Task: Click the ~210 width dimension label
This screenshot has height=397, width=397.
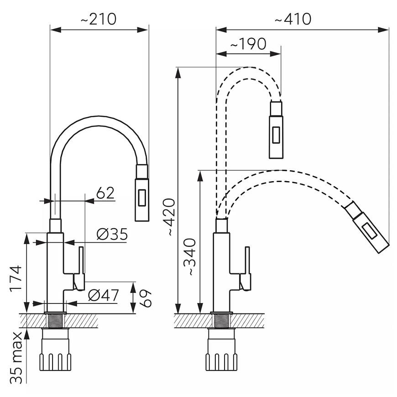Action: point(99,19)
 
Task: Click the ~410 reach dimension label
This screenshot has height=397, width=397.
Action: point(293,19)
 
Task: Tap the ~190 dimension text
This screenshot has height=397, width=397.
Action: point(248,44)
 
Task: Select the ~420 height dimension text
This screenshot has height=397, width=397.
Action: point(169,217)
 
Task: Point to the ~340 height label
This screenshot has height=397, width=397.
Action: point(190,257)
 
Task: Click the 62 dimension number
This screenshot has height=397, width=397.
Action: point(105,193)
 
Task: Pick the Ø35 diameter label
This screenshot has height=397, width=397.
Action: point(112,234)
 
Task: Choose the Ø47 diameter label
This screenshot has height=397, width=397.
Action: point(104,295)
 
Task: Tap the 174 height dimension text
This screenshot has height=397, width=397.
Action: point(16,278)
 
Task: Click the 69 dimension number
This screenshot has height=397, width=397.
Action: point(146,298)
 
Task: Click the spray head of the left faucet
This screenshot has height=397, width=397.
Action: point(142,193)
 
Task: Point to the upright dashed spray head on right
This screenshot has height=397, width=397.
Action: point(276,130)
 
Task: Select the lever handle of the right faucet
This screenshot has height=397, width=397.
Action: point(246,269)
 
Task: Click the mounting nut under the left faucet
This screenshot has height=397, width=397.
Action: point(55,350)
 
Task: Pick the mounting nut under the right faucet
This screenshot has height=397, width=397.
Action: point(221,350)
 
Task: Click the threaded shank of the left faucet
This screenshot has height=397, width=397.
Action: point(55,321)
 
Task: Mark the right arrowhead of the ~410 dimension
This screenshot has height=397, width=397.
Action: point(383,30)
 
